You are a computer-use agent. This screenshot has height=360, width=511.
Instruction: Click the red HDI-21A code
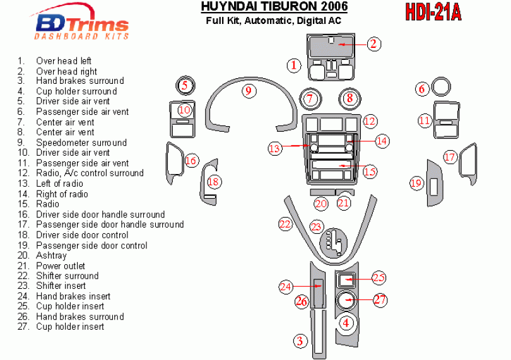pos(433,13)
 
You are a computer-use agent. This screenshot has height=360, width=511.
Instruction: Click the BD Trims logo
pos(81,22)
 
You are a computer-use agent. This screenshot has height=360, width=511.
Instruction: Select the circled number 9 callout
pos(249,91)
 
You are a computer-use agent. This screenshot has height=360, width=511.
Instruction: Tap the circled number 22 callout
pos(285,224)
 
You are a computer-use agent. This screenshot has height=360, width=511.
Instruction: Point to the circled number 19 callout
pos(416,183)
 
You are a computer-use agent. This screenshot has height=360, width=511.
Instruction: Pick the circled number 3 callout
pos(300,341)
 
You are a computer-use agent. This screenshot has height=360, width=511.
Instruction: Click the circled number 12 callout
pos(370,121)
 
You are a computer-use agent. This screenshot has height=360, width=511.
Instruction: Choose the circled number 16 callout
pos(191,160)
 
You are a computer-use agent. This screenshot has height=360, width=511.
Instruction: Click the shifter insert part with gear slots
pos(333,243)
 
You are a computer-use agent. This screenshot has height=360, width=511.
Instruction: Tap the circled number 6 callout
pos(422,89)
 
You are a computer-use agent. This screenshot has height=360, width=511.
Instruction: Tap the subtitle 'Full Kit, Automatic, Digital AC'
pos(273,21)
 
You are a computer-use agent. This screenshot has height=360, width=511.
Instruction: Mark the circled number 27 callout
pos(380,299)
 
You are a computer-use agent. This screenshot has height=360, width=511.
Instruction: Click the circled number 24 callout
pos(286,287)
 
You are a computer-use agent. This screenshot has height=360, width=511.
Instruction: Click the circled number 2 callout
pos(374,44)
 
